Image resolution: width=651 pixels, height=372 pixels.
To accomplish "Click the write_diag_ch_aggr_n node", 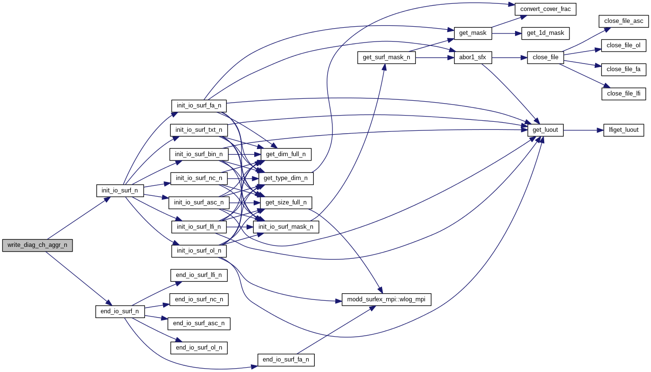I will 37,245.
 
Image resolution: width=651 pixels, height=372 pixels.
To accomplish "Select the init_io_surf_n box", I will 120,190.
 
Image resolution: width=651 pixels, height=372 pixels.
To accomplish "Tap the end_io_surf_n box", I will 120,311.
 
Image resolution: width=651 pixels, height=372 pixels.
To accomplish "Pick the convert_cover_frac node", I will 546,9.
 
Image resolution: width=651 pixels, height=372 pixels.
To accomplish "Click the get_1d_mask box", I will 545,33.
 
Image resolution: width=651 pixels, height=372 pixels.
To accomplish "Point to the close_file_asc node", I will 623,21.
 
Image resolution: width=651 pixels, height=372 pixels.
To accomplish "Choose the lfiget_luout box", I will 623,130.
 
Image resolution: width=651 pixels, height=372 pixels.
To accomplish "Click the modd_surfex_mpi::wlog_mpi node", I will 386,299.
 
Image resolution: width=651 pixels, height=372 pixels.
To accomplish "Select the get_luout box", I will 546,130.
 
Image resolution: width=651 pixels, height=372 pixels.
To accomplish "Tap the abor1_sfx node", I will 473,57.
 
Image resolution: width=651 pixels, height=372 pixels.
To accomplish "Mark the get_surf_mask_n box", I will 386,57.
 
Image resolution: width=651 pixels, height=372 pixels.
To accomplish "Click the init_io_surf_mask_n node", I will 286,227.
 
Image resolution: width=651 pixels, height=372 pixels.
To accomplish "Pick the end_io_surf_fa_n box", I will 286,360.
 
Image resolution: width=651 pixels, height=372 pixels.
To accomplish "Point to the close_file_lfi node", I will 623,94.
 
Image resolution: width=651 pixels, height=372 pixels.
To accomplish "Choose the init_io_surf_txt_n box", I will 199,130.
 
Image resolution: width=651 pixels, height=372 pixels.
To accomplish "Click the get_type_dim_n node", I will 286,178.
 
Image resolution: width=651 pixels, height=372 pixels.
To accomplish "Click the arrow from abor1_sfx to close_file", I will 508,57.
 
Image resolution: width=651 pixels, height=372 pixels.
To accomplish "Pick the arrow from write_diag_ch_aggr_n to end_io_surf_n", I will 78,278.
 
